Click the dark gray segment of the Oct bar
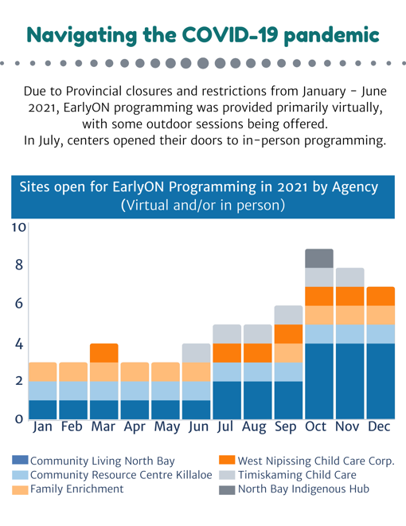pyautogui.click(x=319, y=258)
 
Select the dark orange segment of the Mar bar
pyautogui.click(x=104, y=353)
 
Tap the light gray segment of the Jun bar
pyautogui.click(x=197, y=353)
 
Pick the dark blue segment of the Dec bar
pyautogui.click(x=381, y=382)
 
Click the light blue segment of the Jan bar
pyautogui.click(x=42, y=391)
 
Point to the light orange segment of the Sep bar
pyautogui.click(x=288, y=353)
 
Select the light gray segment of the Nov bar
pyautogui.click(x=350, y=277)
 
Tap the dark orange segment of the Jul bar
pyautogui.click(x=227, y=353)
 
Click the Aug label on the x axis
pyautogui.click(x=254, y=427)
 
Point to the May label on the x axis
pyautogui.click(x=167, y=427)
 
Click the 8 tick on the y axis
pyautogui.click(x=19, y=265)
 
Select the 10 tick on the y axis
pyautogui.click(x=19, y=227)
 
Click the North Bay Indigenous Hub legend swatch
pyautogui.click(x=227, y=490)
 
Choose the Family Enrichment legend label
pyautogui.click(x=76, y=489)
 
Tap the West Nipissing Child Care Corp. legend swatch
pyautogui.click(x=227, y=460)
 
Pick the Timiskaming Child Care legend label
pyautogui.click(x=297, y=475)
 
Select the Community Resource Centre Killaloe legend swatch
pyautogui.click(x=20, y=475)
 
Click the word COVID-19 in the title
pyautogui.click(x=230, y=35)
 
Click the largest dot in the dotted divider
pyautogui.click(x=203, y=63)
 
